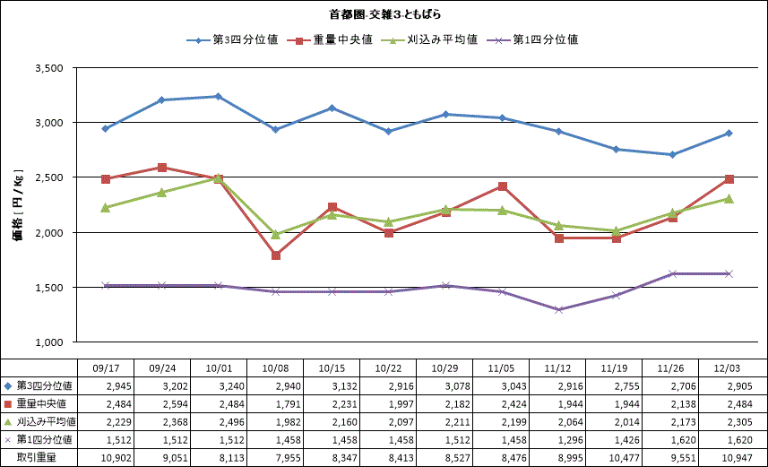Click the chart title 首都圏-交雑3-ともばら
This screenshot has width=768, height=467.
384,15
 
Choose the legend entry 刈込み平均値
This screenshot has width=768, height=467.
434,40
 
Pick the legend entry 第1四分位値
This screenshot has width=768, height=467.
538,40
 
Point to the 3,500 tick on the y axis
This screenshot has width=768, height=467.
46,68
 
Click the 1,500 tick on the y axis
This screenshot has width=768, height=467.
46,288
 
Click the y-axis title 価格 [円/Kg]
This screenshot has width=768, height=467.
18,205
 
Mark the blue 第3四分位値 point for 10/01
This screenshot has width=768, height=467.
219,96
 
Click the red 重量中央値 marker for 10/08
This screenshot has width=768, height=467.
275,255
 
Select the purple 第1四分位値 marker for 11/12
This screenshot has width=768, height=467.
558,310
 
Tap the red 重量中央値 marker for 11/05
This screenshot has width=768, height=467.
502,186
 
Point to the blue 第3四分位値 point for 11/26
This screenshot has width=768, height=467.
672,155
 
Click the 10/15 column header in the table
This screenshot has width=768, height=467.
332,368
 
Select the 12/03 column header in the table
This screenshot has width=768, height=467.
729,368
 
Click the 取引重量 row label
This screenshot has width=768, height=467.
36,458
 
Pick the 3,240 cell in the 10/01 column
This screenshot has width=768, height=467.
219,385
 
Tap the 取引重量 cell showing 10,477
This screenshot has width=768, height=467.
614,458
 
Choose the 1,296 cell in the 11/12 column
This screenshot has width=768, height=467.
557,440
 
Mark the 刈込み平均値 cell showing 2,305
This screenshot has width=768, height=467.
729,421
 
